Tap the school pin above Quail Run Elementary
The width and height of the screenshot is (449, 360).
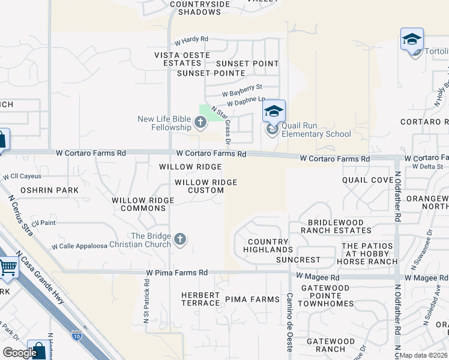click(x=274, y=111)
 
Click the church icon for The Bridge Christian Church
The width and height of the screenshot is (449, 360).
click(x=179, y=240)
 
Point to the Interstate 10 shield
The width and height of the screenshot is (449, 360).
click(x=76, y=335)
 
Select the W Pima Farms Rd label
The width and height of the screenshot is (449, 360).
click(x=176, y=272)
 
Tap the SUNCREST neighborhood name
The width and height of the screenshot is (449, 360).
click(x=298, y=260)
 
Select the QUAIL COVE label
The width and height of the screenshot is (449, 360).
click(x=367, y=180)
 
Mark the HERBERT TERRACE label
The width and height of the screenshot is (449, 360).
click(x=200, y=299)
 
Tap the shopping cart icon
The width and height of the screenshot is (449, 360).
click(x=8, y=267)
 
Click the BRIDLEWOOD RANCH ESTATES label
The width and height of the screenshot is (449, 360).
click(x=336, y=226)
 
